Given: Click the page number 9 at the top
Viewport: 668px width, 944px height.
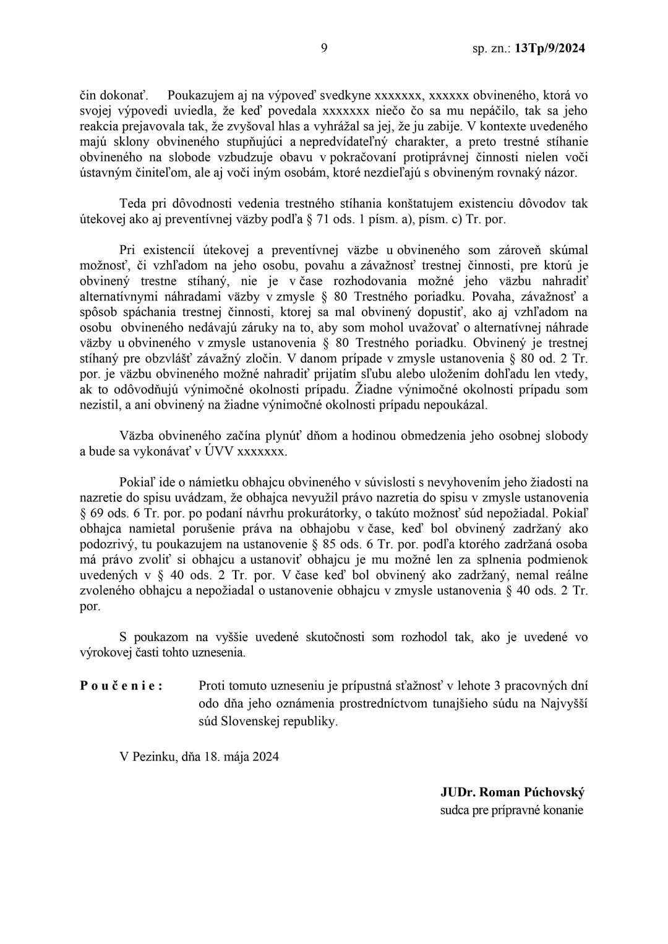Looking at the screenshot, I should pyautogui.click(x=323, y=48).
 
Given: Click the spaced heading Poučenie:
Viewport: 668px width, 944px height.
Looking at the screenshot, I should pyautogui.click(x=122, y=686).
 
